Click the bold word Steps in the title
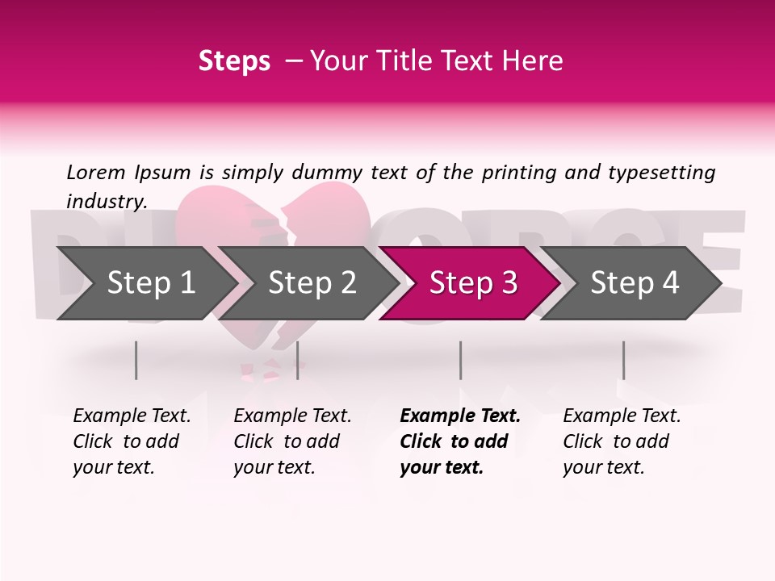click(234, 61)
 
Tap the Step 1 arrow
click(145, 283)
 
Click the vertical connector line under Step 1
click(136, 360)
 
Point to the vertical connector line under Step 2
click(298, 360)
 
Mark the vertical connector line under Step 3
click(460, 360)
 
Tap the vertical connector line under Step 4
click(623, 360)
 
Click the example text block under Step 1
click(132, 441)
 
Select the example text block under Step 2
click(292, 441)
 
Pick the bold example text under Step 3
click(459, 441)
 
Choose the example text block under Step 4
click(622, 441)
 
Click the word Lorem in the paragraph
click(96, 172)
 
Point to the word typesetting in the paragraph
click(667, 172)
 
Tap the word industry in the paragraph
click(106, 201)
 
